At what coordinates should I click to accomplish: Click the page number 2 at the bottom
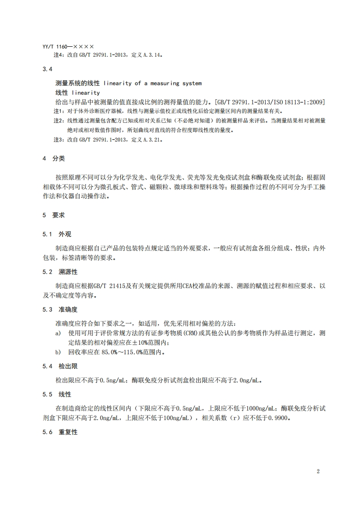pyautogui.click(x=318, y=471)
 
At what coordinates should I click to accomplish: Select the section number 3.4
pyautogui.click(x=48, y=69)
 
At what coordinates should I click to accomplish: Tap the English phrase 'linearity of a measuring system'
pyautogui.click(x=153, y=83)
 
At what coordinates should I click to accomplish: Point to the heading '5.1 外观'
pyautogui.click(x=57, y=235)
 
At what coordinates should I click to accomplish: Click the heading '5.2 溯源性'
pyautogui.click(x=60, y=272)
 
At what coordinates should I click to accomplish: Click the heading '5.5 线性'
pyautogui.click(x=57, y=394)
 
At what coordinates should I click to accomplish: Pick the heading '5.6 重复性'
pyautogui.click(x=60, y=432)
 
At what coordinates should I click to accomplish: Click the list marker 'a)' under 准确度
pyautogui.click(x=58, y=333)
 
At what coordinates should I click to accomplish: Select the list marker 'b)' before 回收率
pyautogui.click(x=58, y=352)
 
